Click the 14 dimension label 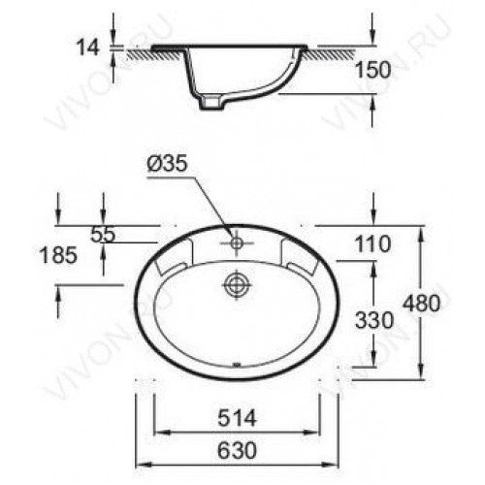coord(87,48)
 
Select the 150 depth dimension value coord(372,70)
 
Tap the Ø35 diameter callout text coord(167,163)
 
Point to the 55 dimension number coord(103,235)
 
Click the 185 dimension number coord(58,255)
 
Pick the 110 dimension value coord(372,244)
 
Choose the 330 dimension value coord(374,320)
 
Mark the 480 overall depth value coord(422,304)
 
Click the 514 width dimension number coord(237,418)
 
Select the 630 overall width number coord(237,450)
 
